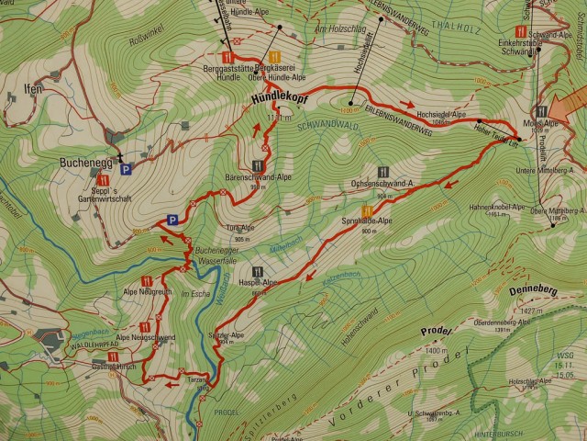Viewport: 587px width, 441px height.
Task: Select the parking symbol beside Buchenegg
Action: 127,168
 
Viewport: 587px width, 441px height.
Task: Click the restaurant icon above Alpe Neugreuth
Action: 147,279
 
